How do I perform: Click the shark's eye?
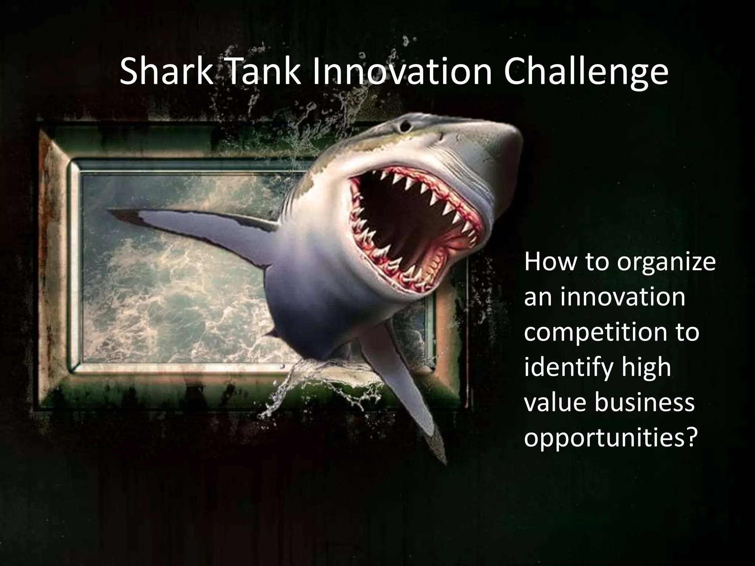[x=406, y=127]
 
